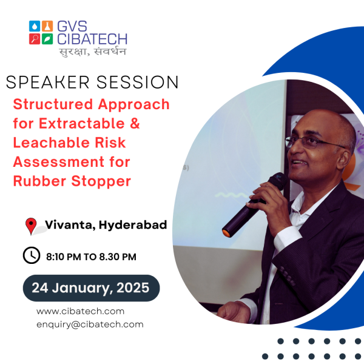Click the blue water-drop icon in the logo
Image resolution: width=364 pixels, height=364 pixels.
click(x=35, y=26)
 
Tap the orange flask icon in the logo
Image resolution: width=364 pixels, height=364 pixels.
click(x=47, y=26)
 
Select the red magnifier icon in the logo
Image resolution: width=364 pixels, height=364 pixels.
click(x=35, y=39)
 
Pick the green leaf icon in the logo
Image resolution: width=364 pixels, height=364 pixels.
click(x=47, y=39)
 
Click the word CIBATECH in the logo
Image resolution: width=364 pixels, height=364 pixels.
click(x=92, y=39)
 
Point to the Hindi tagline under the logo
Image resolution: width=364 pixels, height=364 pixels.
click(x=93, y=52)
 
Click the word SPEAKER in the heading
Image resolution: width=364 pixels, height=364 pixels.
click(x=48, y=82)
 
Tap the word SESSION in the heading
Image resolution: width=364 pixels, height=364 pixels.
click(x=138, y=82)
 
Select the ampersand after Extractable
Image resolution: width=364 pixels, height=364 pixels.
click(x=135, y=123)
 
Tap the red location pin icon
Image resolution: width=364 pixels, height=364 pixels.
click(x=31, y=226)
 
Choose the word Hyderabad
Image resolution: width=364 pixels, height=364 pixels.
click(x=133, y=225)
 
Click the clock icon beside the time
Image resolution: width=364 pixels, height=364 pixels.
click(x=32, y=255)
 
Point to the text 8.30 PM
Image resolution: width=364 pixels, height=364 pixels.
click(x=118, y=257)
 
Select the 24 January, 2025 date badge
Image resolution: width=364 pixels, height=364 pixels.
click(x=91, y=288)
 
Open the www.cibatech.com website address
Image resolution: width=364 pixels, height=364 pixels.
click(x=80, y=311)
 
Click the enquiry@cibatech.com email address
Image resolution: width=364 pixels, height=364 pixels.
click(x=90, y=325)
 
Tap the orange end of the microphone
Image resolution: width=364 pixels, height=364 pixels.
click(x=226, y=233)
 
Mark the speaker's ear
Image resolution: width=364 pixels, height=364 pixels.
click(x=344, y=161)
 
